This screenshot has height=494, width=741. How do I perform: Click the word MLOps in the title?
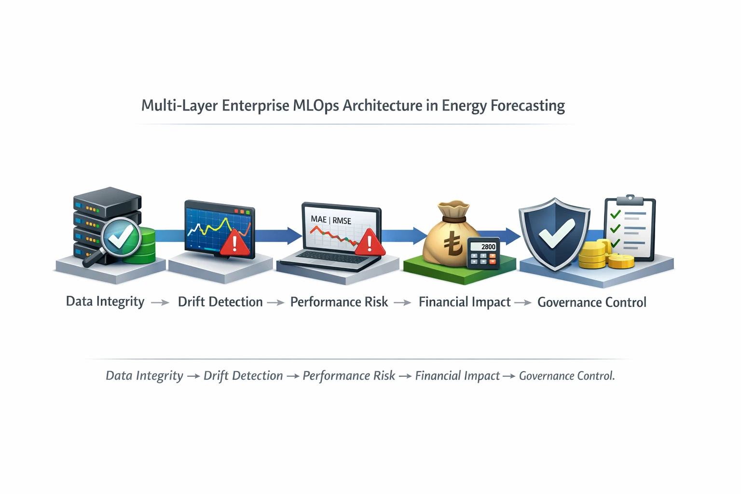tap(316, 106)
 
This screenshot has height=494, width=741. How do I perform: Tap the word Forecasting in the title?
tap(527, 106)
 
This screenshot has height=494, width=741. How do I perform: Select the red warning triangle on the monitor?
tap(235, 242)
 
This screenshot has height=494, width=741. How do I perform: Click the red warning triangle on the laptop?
tap(370, 242)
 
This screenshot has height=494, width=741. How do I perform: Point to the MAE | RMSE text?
tap(331, 220)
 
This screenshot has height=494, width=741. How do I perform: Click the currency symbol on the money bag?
tap(453, 244)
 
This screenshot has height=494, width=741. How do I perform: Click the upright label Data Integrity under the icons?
tap(105, 302)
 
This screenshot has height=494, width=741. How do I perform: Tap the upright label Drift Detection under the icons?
tap(220, 302)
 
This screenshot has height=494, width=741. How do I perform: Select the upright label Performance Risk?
tap(339, 302)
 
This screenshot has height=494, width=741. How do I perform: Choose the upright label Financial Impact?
tap(465, 302)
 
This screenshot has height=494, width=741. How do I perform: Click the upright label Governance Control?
tap(592, 302)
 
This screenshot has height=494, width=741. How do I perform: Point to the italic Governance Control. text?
tap(567, 376)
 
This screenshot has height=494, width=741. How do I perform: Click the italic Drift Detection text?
tap(243, 376)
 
